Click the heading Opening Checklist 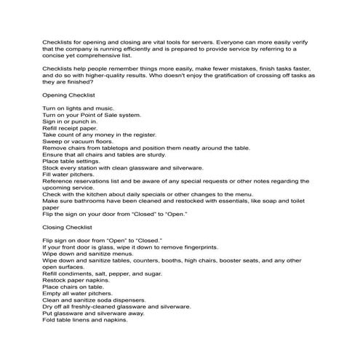(68, 95)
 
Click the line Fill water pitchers (69, 174)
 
